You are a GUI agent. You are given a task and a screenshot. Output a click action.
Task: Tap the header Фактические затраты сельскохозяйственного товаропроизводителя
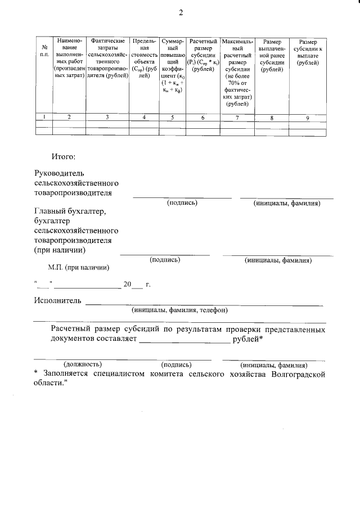coord(107,58)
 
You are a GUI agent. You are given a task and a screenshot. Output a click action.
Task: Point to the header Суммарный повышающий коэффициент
coord(173,65)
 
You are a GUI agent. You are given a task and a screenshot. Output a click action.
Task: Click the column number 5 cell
coord(173,117)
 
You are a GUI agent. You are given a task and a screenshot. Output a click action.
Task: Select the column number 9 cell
coord(308,117)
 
